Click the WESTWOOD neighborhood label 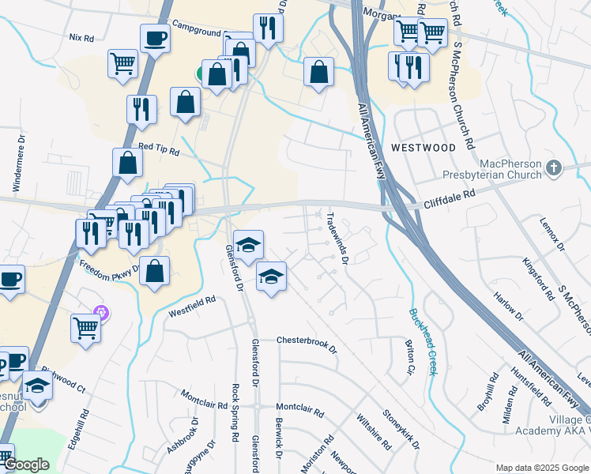pyautogui.click(x=423, y=148)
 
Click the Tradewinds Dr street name pyautogui.click(x=337, y=238)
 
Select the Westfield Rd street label pyautogui.click(x=192, y=307)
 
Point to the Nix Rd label pyautogui.click(x=81, y=37)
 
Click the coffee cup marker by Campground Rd pyautogui.click(x=155, y=38)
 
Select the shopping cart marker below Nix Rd pyautogui.click(x=122, y=63)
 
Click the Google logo pyautogui.click(x=26, y=465)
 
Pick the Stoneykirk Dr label pyautogui.click(x=401, y=427)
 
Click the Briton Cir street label pyautogui.click(x=409, y=357)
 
